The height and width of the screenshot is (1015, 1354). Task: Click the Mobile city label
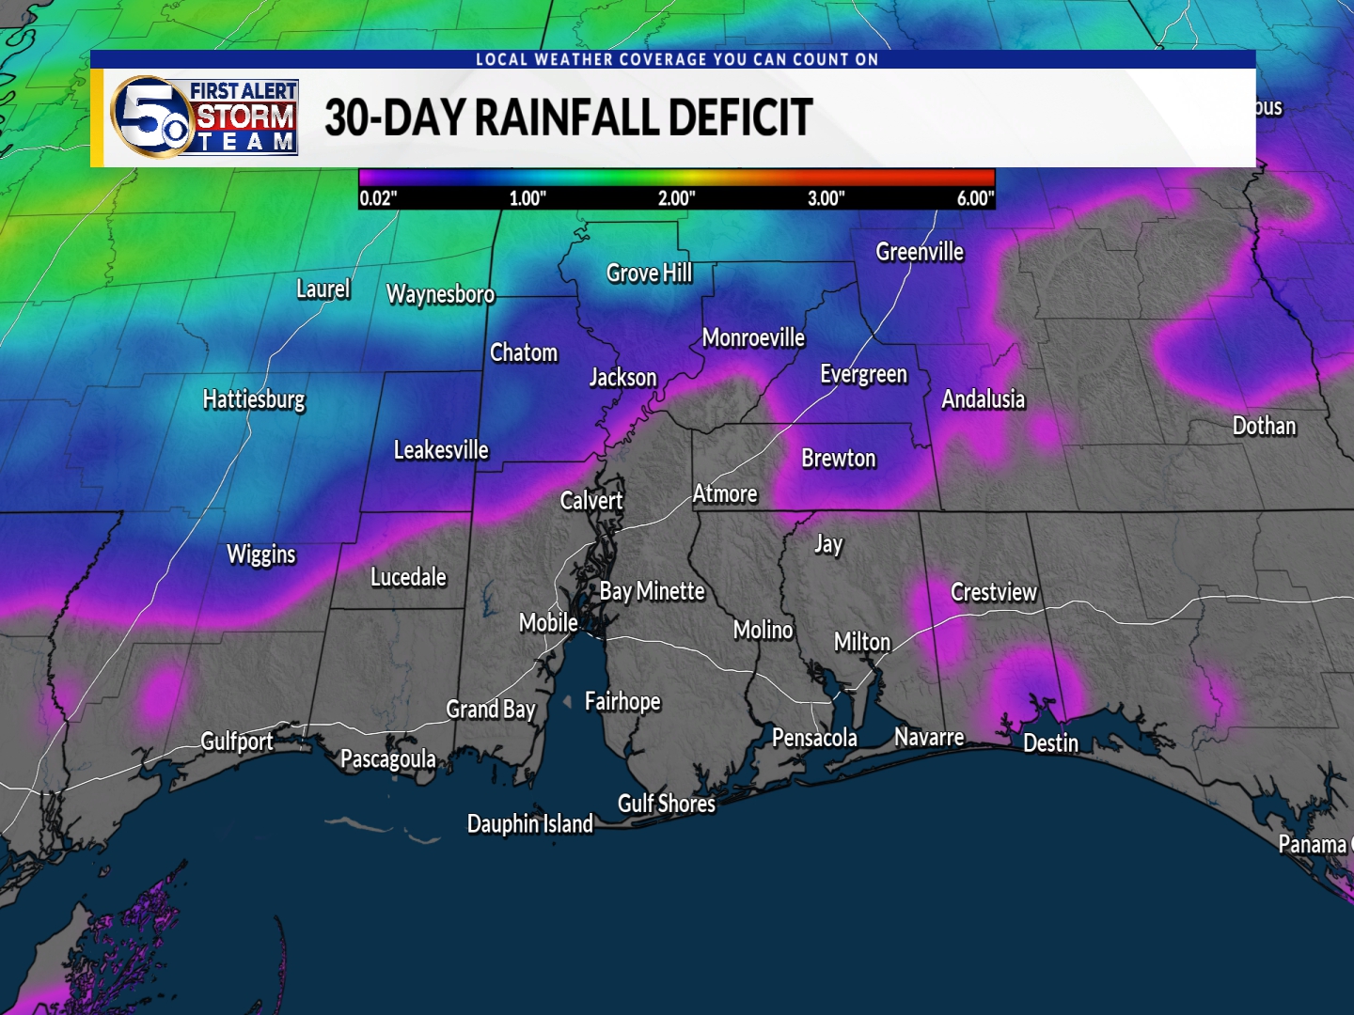(x=548, y=623)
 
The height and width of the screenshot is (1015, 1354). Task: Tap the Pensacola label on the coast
(x=814, y=739)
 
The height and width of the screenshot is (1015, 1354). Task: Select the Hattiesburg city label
(x=254, y=399)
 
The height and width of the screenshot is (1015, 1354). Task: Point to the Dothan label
(x=1264, y=427)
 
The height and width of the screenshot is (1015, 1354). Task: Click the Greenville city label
(x=919, y=252)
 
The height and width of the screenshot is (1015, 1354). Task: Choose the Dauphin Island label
(x=530, y=824)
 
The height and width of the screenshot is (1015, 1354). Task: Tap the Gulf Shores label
(x=666, y=804)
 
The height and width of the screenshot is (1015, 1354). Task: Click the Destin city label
(x=1050, y=743)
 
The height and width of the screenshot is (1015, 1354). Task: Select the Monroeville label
(x=753, y=338)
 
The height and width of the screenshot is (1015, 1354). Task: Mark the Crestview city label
(x=993, y=592)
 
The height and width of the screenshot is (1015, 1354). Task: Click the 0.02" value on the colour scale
(x=379, y=198)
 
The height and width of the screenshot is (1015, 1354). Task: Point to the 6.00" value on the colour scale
(x=974, y=198)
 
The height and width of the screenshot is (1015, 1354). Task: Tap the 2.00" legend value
(x=676, y=198)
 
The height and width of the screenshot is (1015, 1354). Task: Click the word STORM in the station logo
(x=244, y=117)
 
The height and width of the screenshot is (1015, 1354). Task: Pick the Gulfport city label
(x=237, y=742)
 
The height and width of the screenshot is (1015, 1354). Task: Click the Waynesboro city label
(x=440, y=295)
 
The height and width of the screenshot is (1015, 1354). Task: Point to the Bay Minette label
(x=652, y=591)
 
